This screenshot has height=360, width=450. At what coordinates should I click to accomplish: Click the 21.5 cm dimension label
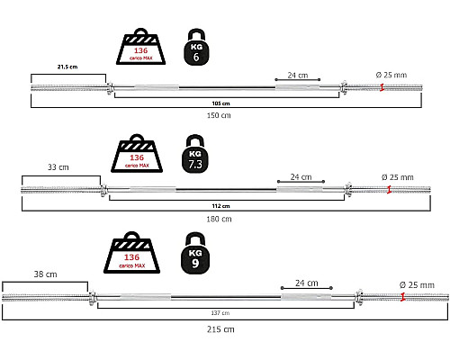coord(67,67)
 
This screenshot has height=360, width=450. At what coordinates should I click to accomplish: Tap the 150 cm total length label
coord(219,115)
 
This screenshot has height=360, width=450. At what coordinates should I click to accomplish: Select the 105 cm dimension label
coord(220,103)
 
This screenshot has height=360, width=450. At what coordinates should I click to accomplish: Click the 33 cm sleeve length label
coord(58,167)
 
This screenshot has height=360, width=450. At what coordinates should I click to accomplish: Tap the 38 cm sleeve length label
coord(45,274)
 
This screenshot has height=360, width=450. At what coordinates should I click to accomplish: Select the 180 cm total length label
coord(219,220)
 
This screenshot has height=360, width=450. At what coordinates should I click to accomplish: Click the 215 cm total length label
coord(220,329)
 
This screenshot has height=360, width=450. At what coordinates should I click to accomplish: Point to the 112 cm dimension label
coord(220,206)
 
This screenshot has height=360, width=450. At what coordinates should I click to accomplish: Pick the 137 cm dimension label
coord(220,313)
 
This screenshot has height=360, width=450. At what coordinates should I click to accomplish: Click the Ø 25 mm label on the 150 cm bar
coord(391,75)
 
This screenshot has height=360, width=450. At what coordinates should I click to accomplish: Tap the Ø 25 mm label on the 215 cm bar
coord(417,285)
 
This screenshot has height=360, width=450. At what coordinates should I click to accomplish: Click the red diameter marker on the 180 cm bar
coord(389,190)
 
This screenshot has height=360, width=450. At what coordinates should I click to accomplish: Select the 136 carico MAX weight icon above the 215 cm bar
coord(131,253)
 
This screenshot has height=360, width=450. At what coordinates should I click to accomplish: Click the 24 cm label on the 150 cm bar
coord(298,76)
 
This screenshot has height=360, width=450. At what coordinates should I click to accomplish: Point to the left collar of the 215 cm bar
coord(93,298)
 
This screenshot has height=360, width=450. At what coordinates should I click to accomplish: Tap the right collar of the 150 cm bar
coord(343,87)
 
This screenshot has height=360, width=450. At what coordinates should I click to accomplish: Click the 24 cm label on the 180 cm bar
coord(301,177)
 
